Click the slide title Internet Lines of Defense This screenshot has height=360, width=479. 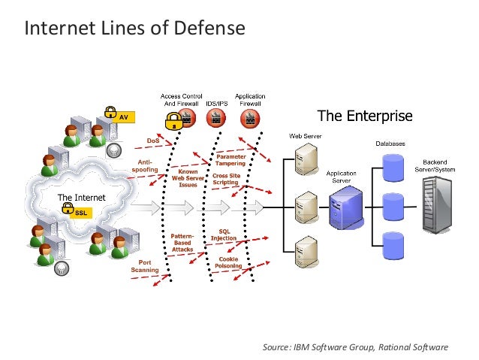135,29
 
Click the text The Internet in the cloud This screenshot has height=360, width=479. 82,197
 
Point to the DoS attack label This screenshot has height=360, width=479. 152,141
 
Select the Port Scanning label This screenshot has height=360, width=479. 144,266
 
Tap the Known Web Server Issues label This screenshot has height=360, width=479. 188,178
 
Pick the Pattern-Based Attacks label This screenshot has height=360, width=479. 182,243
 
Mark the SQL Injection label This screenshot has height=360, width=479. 223,235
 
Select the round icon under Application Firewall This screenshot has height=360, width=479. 250,117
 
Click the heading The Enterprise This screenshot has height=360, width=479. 365,116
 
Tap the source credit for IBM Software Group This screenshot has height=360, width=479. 355,346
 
